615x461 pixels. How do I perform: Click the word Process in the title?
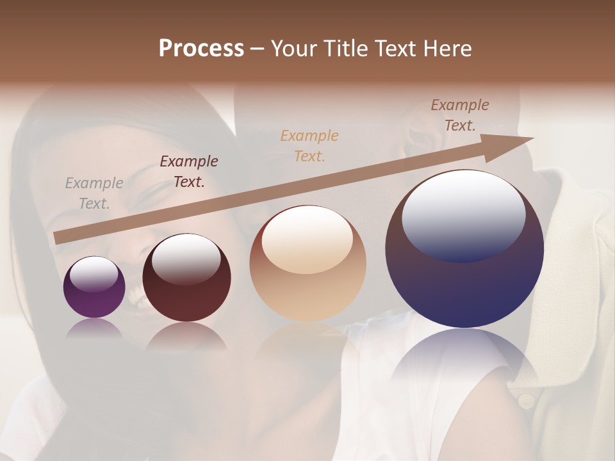201,49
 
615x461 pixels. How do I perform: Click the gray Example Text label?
94,193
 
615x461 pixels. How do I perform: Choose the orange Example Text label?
309,145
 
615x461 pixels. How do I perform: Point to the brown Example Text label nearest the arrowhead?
460,115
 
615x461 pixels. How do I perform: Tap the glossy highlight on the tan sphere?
307,238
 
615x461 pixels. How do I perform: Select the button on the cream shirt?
526,401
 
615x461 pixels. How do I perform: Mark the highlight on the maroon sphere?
186,259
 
